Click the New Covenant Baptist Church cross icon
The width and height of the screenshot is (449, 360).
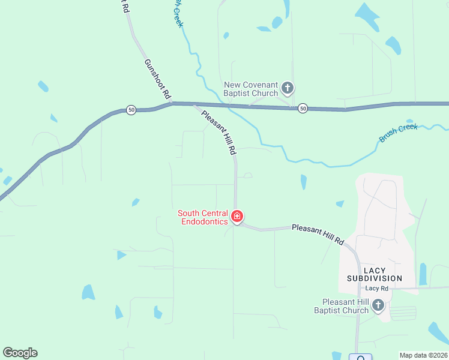click(288, 89)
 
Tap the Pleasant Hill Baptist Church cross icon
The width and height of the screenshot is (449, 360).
click(378, 305)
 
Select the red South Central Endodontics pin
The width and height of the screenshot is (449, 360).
click(237, 217)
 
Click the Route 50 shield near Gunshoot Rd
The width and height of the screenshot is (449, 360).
click(131, 110)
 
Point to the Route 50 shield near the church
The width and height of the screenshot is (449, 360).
click(303, 108)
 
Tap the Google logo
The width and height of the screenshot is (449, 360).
click(20, 353)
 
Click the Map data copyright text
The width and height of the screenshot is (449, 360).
click(423, 355)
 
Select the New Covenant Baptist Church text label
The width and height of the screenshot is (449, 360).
click(251, 89)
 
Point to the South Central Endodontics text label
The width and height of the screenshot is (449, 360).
click(203, 217)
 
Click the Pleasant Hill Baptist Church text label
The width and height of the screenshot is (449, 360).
click(345, 306)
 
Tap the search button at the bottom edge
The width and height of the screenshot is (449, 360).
click(361, 358)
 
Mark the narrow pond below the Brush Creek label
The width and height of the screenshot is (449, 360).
click(303, 182)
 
